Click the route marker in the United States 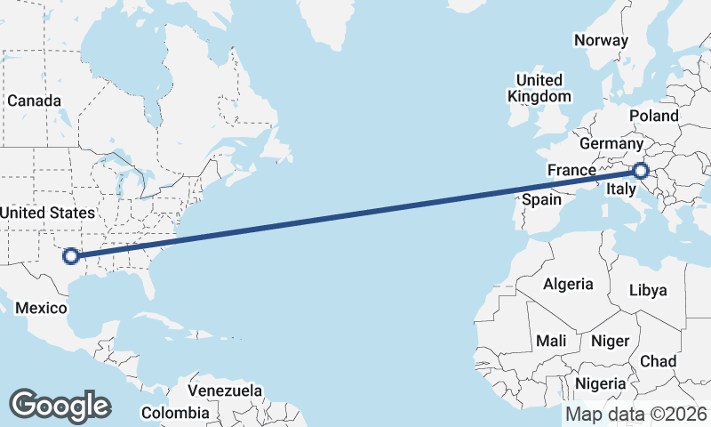coord(71,257)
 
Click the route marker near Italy coord(641,172)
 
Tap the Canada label coord(34,101)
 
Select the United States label coord(47,213)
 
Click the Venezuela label coord(226,391)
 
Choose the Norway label coord(601,40)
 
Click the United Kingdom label coord(539,88)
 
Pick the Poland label coord(653,116)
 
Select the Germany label coord(611,143)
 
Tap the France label coord(571,170)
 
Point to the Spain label coord(541,199)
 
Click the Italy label coord(620,189)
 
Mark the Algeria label coord(568,284)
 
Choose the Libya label coord(647,290)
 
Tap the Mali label coord(551,341)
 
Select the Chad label coord(658,361)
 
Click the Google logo coord(60,406)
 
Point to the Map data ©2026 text coord(635,415)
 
